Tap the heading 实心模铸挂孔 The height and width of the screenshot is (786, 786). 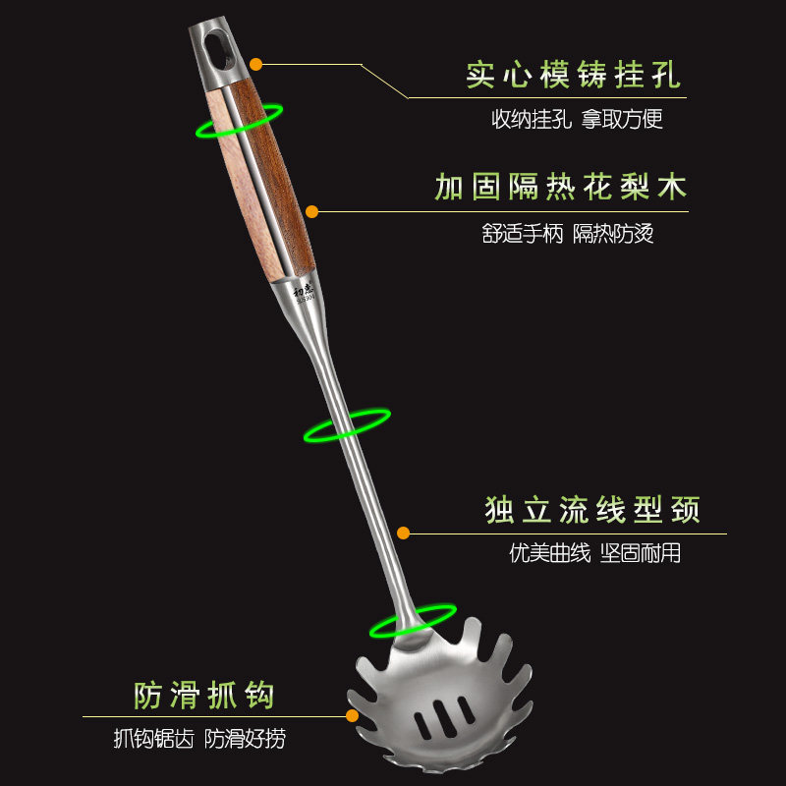[x=573, y=76]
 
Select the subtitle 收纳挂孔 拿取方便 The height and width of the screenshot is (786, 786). [x=577, y=120]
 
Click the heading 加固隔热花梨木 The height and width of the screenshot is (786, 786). [x=560, y=187]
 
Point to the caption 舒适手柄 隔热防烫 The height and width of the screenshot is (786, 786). [x=568, y=234]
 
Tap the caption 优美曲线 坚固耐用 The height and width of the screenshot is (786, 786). [x=594, y=553]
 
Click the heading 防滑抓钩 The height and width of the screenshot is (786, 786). [x=204, y=696]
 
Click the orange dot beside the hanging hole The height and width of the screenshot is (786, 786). [x=255, y=64]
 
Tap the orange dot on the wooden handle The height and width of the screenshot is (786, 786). [x=311, y=210]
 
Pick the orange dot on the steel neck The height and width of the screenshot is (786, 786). [x=403, y=533]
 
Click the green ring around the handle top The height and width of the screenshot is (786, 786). [x=240, y=121]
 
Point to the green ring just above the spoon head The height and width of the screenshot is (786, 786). [x=412, y=621]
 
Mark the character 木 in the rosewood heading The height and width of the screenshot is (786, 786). [x=672, y=187]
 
